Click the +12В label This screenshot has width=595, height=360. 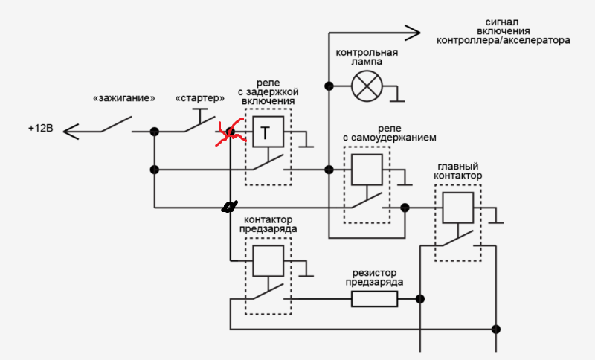pos(41,128)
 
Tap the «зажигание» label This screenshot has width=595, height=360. pos(124,98)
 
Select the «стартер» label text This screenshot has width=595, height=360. pos(200,98)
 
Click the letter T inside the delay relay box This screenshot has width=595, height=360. pos(266,133)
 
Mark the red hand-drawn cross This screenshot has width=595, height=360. pos(230,132)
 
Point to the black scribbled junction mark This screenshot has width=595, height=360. pos(230,207)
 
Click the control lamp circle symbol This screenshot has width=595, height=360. pos(367,86)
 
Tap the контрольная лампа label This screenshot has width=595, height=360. pos(367,57)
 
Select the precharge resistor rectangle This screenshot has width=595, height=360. pos(375,299)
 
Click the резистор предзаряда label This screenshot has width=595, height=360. pos(375,277)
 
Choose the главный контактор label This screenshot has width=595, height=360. pos(458,171)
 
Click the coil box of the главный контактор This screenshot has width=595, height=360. pos(458,208)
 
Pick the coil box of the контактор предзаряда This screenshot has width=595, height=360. pos(268,261)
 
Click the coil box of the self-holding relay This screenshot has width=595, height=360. pos(367,170)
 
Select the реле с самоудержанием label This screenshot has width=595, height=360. pos(390,133)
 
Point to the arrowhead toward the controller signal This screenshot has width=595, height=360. pos(413,33)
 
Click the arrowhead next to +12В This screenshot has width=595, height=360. pos(71,132)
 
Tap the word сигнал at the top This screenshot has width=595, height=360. pos(501,22)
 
